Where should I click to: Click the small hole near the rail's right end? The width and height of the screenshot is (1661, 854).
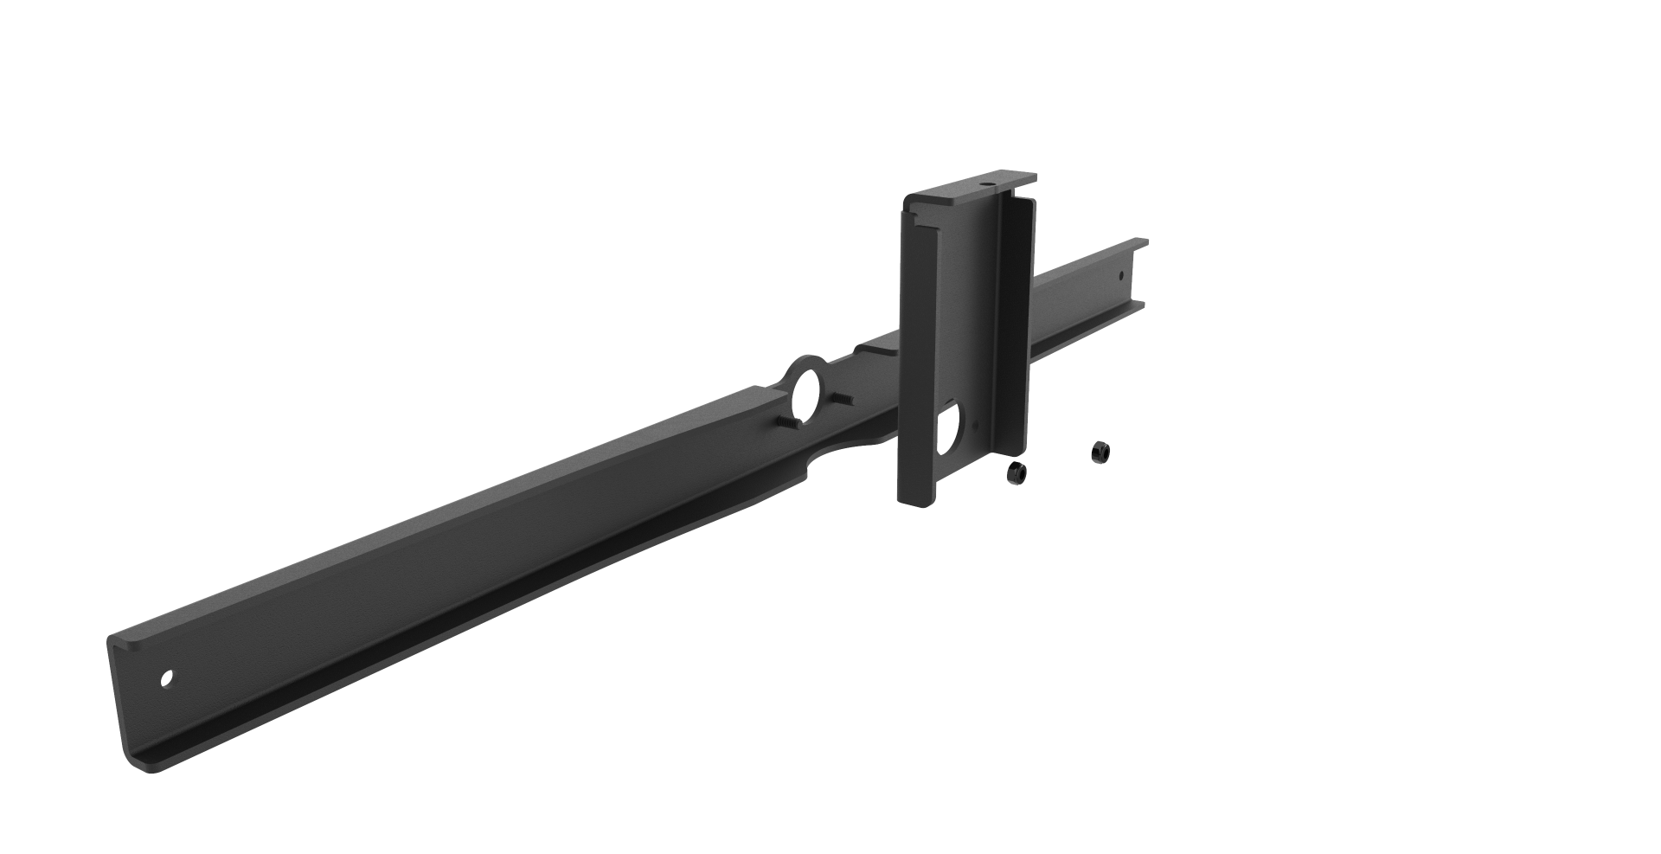click(x=1121, y=277)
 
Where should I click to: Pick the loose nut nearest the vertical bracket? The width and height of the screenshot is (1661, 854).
click(x=1016, y=472)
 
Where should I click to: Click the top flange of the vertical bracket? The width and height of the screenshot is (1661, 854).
click(x=969, y=189)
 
